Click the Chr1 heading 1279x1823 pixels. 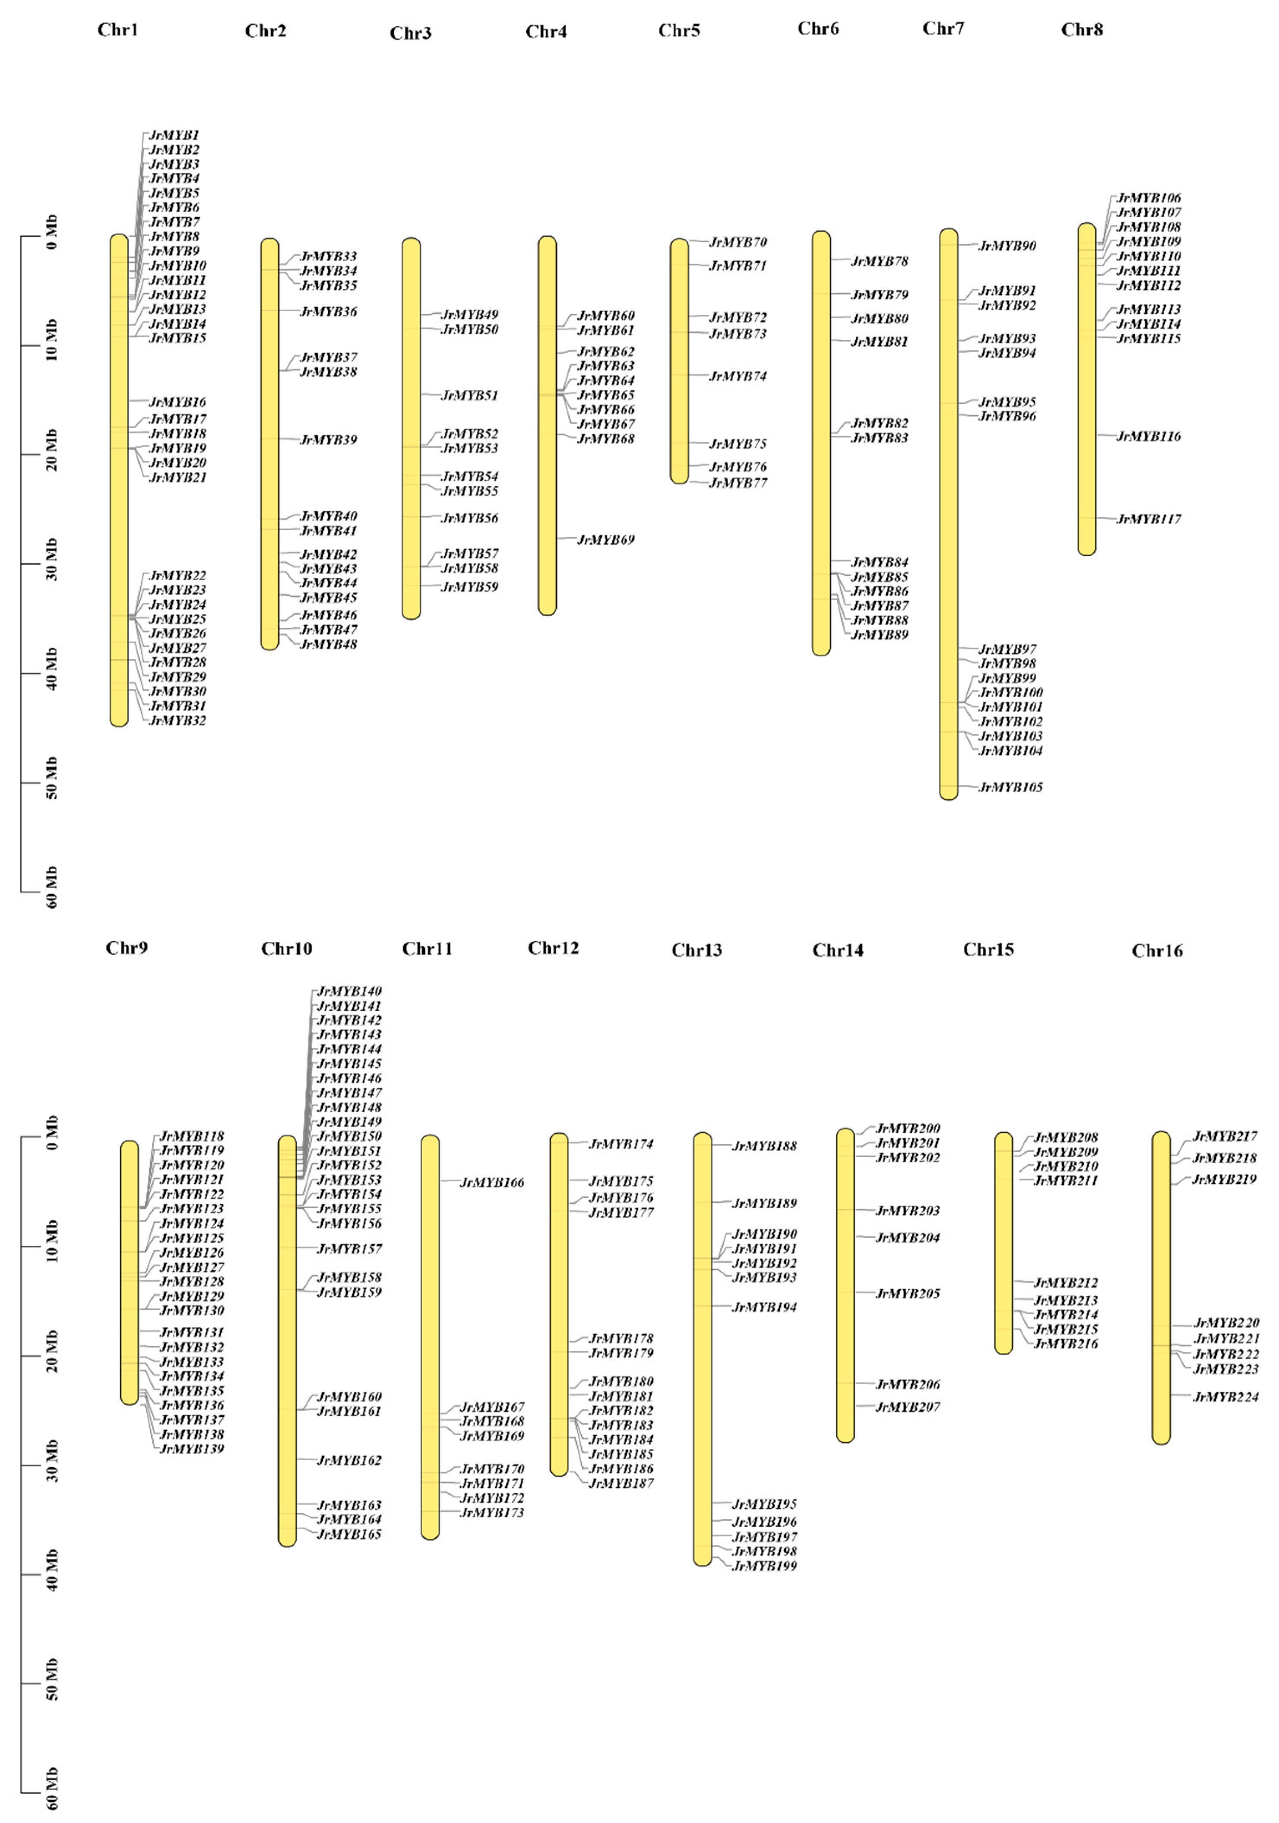click(x=117, y=30)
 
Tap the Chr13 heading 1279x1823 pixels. click(x=696, y=950)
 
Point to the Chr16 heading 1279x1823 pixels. click(x=1157, y=951)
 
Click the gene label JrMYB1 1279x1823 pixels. click(x=174, y=135)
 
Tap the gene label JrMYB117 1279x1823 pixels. click(x=1148, y=519)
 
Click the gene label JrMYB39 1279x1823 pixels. click(x=328, y=440)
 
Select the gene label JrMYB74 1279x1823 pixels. click(x=738, y=377)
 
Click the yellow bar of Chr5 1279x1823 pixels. click(x=680, y=361)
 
